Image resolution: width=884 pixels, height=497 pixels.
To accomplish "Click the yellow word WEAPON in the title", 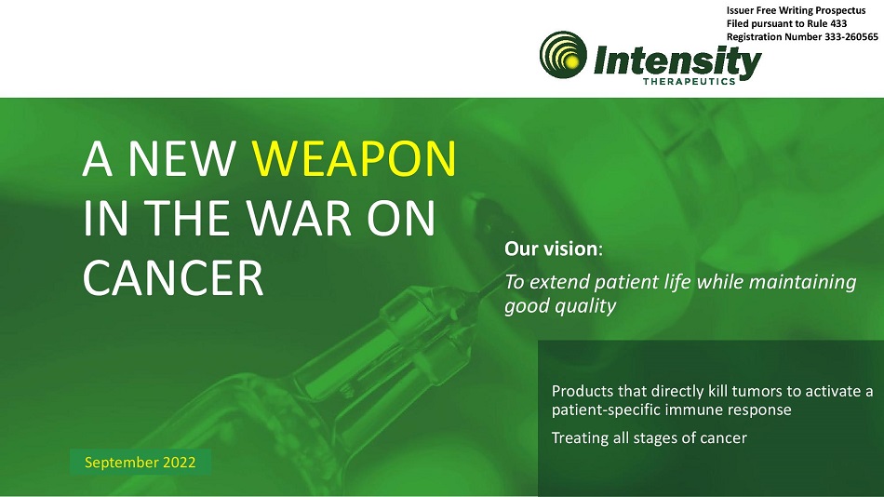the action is pyautogui.click(x=354, y=159).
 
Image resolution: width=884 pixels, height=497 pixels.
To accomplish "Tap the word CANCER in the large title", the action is pyautogui.click(x=173, y=278).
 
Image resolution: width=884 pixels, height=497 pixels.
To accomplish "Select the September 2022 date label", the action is pyautogui.click(x=140, y=463).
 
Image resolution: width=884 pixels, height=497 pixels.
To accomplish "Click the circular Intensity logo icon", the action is pyautogui.click(x=563, y=55).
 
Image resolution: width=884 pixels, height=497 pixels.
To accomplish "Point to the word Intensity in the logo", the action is pyautogui.click(x=677, y=60).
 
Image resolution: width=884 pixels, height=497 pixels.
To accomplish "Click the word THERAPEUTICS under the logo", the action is pyautogui.click(x=689, y=81).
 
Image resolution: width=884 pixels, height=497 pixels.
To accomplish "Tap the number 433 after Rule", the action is pyautogui.click(x=837, y=23).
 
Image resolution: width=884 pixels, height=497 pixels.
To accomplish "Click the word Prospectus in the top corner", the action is pyautogui.click(x=839, y=11).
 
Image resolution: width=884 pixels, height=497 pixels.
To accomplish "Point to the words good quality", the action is pyautogui.click(x=560, y=306).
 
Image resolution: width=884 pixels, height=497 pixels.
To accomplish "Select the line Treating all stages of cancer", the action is pyautogui.click(x=649, y=437).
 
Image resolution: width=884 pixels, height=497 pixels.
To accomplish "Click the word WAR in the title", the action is pyautogui.click(x=301, y=219).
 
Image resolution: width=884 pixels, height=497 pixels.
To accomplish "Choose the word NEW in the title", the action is pyautogui.click(x=181, y=159).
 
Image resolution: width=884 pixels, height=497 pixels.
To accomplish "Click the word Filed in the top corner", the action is pyautogui.click(x=737, y=23).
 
